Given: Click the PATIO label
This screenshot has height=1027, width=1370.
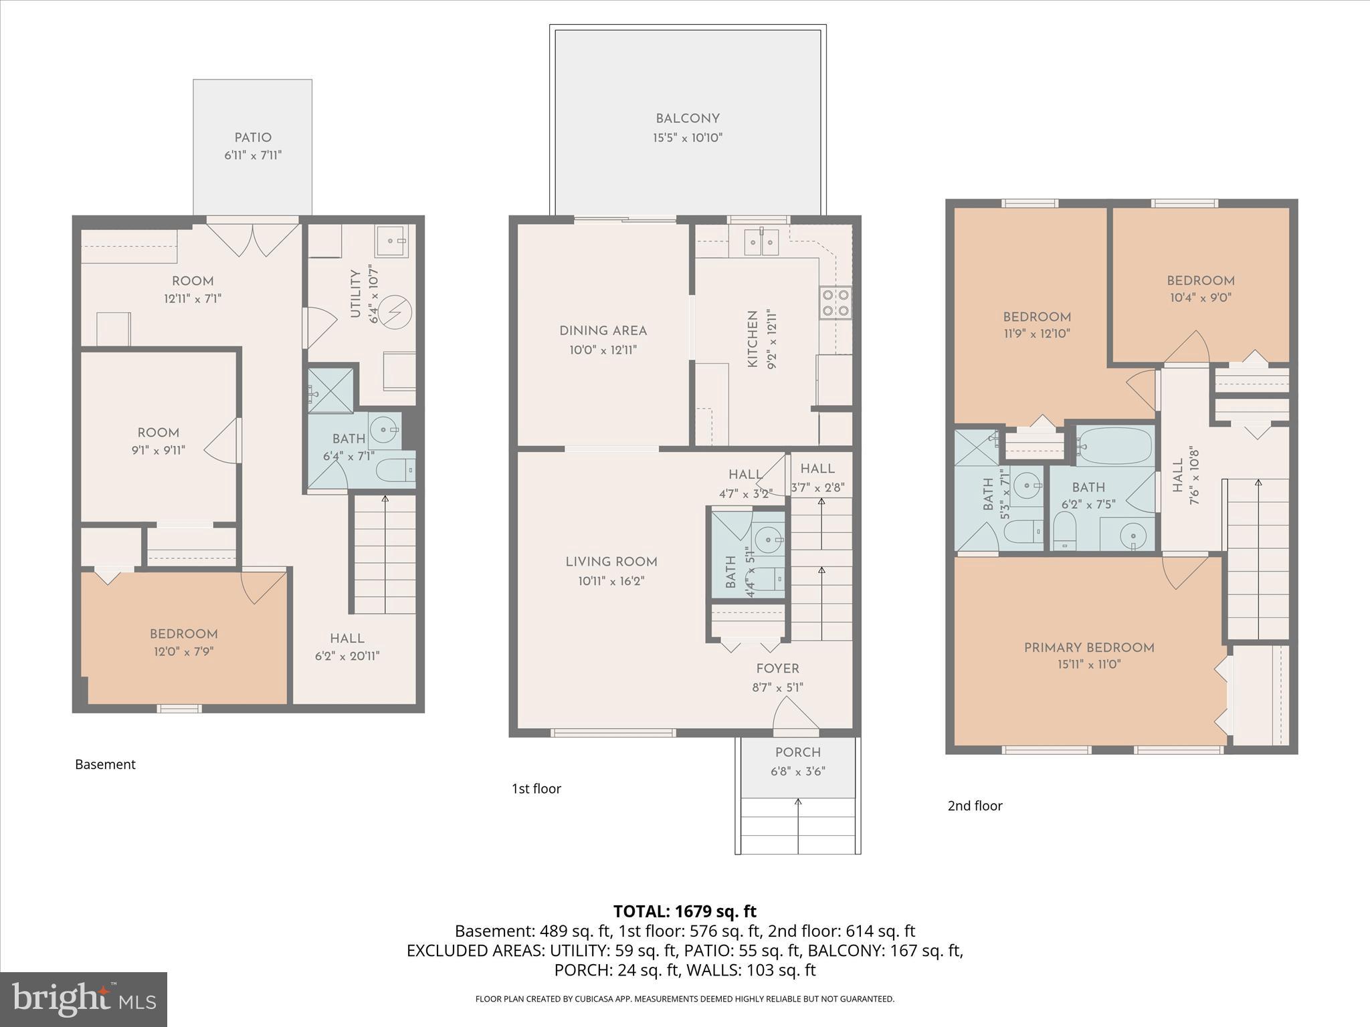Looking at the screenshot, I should [253, 138].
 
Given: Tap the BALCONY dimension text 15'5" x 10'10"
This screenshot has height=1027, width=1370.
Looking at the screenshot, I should [688, 138].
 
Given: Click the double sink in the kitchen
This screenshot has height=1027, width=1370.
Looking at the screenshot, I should [762, 241].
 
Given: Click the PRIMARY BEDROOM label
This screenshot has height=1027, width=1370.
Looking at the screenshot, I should [1089, 647].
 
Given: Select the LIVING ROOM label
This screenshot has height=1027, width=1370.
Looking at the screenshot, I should [611, 562].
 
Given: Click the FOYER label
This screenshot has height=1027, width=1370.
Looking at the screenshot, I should [777, 669].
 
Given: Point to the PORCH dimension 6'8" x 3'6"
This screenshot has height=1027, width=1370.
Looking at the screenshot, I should [797, 771].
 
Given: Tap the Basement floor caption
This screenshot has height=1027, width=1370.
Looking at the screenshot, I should [105, 764].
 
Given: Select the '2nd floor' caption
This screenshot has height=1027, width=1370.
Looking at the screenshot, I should [975, 806].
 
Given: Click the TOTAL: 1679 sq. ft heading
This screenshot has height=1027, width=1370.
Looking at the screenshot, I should [684, 911].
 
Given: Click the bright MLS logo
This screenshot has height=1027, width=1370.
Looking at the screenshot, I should [84, 999].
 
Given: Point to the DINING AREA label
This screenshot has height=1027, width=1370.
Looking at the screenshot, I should [603, 330].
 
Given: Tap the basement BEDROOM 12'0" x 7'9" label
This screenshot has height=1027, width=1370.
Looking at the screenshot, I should [183, 634].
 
